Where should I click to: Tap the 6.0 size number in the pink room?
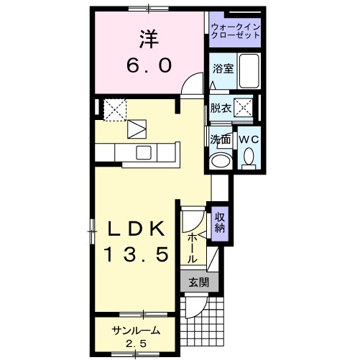point(149,66)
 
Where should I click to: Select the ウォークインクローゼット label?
point(236,31)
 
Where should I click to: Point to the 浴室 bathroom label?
point(222,69)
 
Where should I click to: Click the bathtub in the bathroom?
point(249,70)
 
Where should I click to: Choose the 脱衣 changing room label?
point(221,109)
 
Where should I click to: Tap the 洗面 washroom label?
point(221,139)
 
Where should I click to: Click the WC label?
point(249,139)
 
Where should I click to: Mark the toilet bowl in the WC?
point(249,156)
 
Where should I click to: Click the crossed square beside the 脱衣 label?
point(244,109)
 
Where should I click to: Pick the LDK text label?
point(139,229)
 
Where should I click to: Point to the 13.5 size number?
point(139,254)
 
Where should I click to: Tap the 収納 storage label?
point(220,222)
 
